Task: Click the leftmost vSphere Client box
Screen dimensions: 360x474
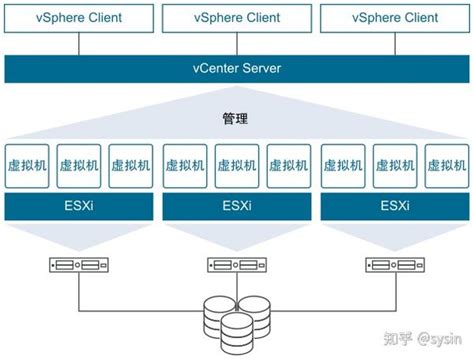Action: pyautogui.click(x=79, y=17)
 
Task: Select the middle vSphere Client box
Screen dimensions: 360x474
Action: pyautogui.click(x=236, y=17)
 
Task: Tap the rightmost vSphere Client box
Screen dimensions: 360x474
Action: pyautogui.click(x=394, y=17)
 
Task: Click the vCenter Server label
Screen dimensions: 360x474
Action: pyautogui.click(x=236, y=68)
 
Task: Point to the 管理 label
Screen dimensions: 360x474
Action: pyautogui.click(x=236, y=118)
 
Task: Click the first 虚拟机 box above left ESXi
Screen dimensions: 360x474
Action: pyautogui.click(x=27, y=164)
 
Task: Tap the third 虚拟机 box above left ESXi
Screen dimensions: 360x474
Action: pyautogui.click(x=131, y=164)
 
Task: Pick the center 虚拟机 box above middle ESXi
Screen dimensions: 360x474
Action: pyautogui.click(x=236, y=164)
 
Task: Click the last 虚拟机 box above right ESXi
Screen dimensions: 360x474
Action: pyautogui.click(x=446, y=164)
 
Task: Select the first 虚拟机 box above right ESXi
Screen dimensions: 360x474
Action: pyautogui.click(x=342, y=164)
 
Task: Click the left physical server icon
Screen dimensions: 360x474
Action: pyautogui.click(x=79, y=266)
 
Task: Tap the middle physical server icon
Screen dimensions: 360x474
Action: pyautogui.click(x=236, y=266)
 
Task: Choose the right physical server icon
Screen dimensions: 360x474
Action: pyautogui.click(x=394, y=266)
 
